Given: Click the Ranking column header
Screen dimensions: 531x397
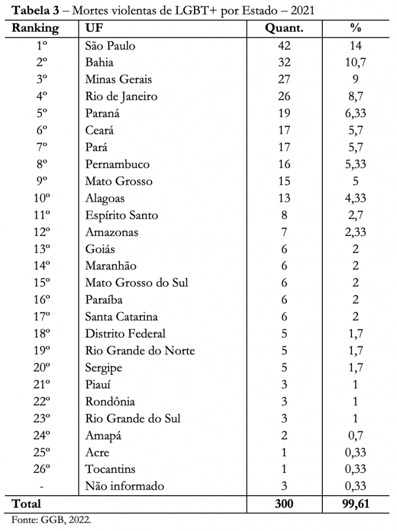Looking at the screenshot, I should click(x=35, y=28).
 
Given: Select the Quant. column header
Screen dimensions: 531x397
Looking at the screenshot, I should click(x=284, y=28).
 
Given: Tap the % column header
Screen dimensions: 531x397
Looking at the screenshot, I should click(x=355, y=28).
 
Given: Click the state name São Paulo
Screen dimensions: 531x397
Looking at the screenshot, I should click(x=110, y=46).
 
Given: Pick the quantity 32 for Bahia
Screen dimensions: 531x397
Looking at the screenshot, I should click(x=284, y=63).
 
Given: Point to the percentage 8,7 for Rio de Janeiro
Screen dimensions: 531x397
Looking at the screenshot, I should click(x=355, y=96).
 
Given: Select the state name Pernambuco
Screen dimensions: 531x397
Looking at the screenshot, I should click(x=117, y=164).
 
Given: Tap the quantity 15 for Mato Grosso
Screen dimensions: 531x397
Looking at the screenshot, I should click(x=284, y=181).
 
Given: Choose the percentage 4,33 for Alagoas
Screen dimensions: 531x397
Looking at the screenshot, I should click(x=355, y=198).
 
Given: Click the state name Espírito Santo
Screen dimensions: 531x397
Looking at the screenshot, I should click(x=121, y=215).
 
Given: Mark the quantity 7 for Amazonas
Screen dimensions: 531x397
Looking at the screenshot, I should click(x=284, y=232).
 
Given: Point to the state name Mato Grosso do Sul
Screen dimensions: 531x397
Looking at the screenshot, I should click(x=136, y=283).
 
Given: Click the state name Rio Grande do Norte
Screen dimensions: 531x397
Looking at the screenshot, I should click(x=140, y=351).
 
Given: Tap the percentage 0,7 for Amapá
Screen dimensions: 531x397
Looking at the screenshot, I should click(x=355, y=435).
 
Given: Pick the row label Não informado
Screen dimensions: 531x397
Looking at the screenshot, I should click(x=125, y=486).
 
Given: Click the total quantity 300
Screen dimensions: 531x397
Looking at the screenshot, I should click(x=284, y=504).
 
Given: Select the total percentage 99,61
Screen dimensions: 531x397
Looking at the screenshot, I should click(x=355, y=504).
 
